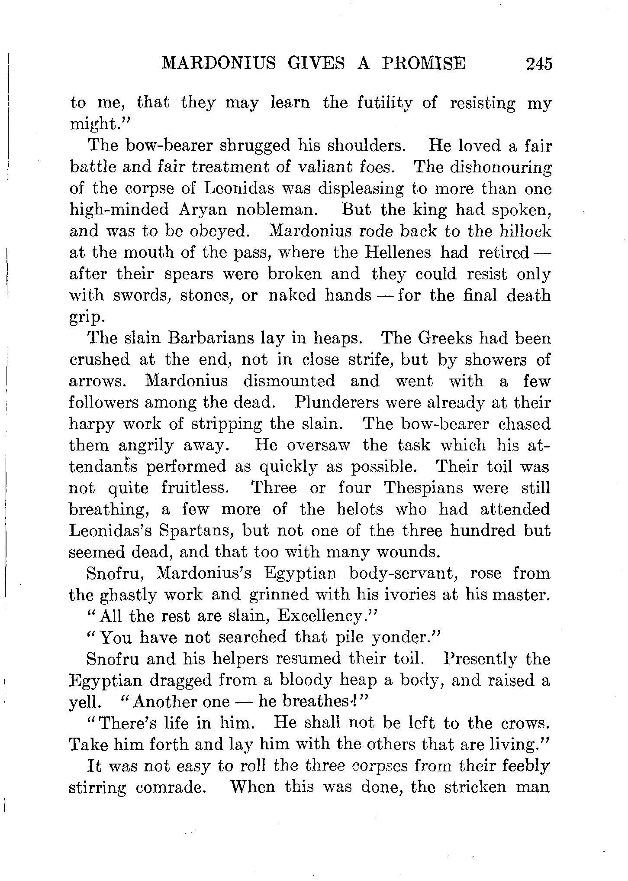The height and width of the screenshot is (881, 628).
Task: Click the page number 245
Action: pos(538,64)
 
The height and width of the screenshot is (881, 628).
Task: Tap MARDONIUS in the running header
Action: pos(219,64)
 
